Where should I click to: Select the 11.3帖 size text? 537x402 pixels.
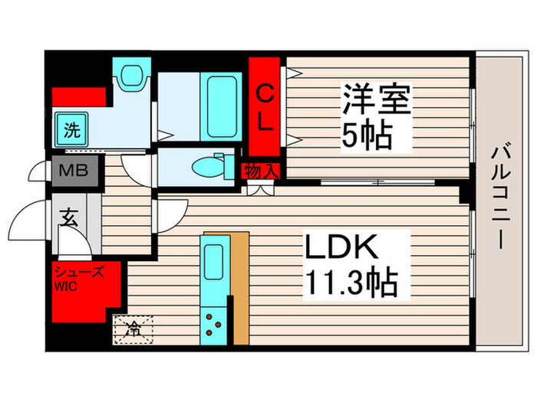pos(352,284)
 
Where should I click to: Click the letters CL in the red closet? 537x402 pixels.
pos(265,107)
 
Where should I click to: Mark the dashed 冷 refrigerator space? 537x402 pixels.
pos(133,329)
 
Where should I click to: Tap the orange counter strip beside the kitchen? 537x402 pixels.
pos(239,287)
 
